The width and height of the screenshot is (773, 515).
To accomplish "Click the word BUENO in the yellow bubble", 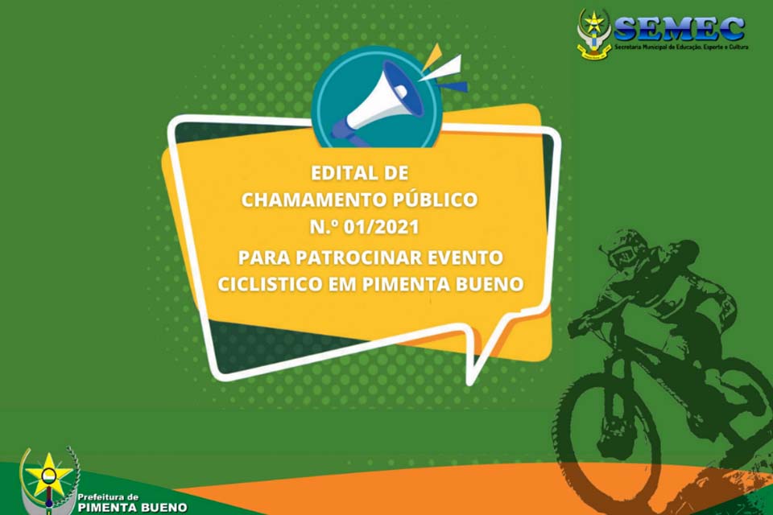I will pos(487,285).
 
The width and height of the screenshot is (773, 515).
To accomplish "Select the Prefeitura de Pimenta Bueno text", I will pos(132,502).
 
